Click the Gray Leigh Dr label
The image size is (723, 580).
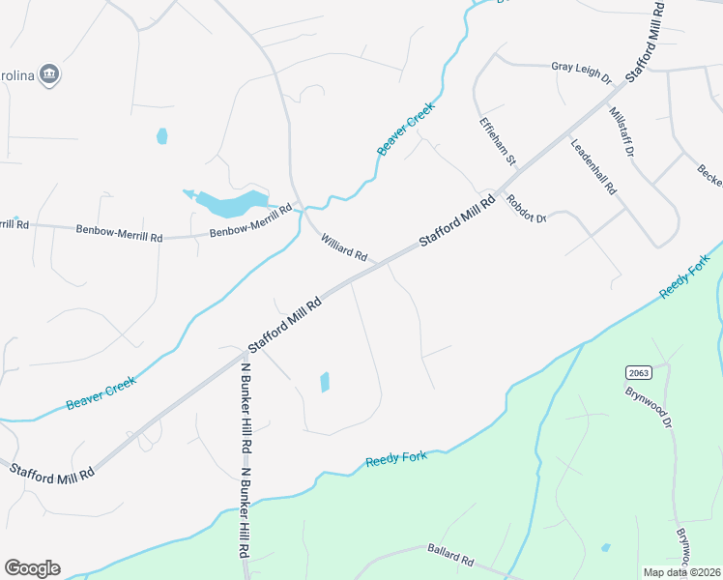(x=582, y=68)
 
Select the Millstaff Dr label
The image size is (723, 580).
(x=622, y=130)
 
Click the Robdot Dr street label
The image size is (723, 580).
(x=526, y=209)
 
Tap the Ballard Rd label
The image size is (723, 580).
(x=450, y=554)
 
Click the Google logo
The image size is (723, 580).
(x=32, y=567)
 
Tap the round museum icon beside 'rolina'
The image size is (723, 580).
(x=50, y=75)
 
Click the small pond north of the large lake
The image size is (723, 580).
(x=161, y=136)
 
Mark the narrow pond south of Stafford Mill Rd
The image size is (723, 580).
(x=325, y=382)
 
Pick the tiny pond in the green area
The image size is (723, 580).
(x=605, y=548)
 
